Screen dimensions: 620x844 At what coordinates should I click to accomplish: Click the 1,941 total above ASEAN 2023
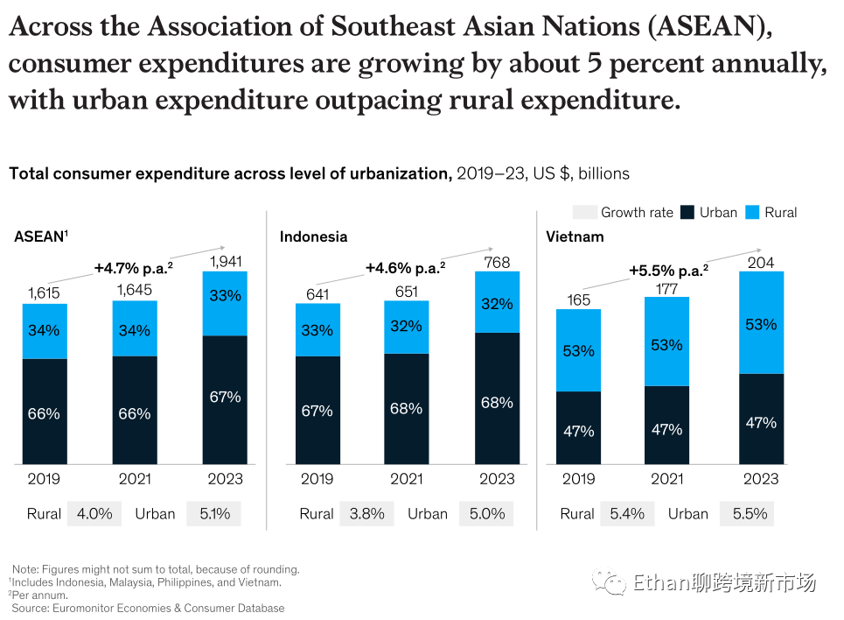[225, 261]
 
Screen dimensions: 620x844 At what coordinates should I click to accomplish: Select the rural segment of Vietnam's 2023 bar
[761, 322]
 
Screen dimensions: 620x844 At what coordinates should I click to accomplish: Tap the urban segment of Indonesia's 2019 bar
[317, 410]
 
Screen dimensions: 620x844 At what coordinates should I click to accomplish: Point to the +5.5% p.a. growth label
[668, 271]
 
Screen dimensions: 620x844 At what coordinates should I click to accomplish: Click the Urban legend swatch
[687, 212]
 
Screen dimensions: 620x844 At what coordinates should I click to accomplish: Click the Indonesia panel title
[313, 236]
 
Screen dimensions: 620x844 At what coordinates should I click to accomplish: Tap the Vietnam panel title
[575, 236]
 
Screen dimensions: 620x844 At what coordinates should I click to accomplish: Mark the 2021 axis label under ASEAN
[135, 479]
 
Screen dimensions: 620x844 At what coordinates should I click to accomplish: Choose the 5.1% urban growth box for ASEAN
[213, 514]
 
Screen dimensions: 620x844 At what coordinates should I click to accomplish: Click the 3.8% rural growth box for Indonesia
[366, 514]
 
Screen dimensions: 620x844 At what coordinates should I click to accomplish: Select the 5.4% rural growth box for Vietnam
[626, 514]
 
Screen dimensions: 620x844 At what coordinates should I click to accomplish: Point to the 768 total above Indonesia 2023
[497, 261]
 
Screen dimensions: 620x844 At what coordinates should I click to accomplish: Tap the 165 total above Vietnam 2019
[578, 299]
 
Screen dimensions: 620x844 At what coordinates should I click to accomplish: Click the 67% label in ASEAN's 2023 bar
[225, 397]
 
